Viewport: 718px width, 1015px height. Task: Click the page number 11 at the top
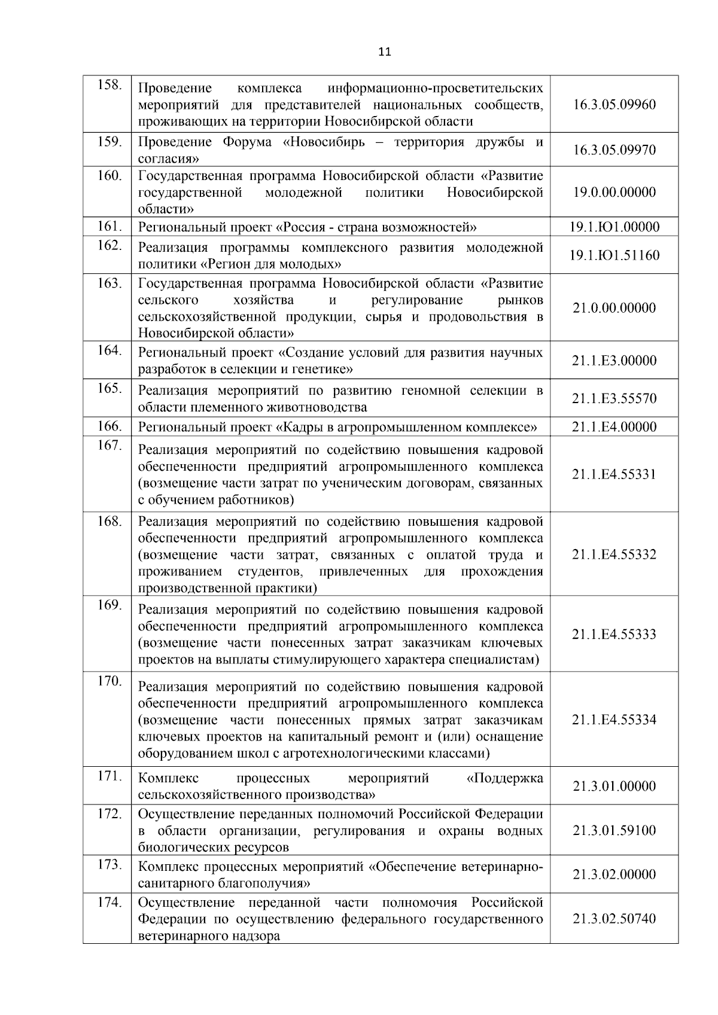(x=385, y=52)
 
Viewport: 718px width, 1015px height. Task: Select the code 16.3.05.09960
(x=614, y=105)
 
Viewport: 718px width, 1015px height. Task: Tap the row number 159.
(x=109, y=142)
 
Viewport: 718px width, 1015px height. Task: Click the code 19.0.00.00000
(x=614, y=192)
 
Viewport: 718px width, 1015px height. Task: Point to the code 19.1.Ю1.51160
(x=614, y=255)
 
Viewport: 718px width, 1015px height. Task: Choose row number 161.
(x=109, y=226)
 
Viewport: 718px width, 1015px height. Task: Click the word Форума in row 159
(x=247, y=142)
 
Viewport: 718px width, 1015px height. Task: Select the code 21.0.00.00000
(x=614, y=308)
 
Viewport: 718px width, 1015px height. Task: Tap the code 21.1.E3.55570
(x=614, y=398)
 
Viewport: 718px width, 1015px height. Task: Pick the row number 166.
(x=109, y=426)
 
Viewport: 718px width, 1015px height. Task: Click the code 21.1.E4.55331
(x=614, y=474)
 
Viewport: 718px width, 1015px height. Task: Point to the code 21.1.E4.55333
(x=614, y=634)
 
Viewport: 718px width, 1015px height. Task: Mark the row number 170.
(x=109, y=681)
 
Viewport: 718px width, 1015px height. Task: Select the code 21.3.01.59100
(x=614, y=830)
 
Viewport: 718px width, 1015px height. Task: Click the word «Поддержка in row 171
(x=504, y=778)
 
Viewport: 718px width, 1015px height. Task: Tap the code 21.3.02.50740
(x=614, y=919)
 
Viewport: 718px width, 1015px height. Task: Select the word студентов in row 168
(x=270, y=571)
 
